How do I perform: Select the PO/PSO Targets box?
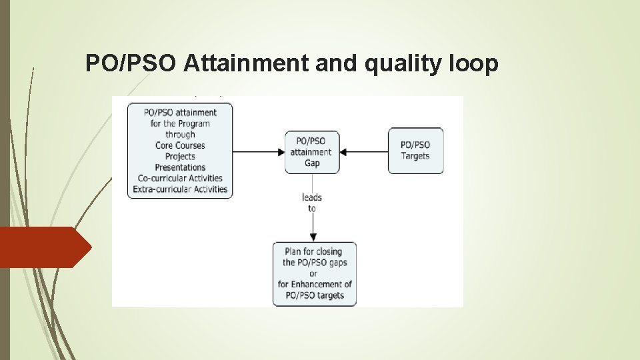click(415, 151)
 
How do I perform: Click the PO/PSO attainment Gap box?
click(312, 152)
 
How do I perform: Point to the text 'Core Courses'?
click(180, 145)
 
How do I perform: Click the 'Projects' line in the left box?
click(180, 156)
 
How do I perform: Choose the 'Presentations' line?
click(180, 167)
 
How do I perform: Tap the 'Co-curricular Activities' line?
click(180, 178)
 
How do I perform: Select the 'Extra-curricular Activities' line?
click(180, 189)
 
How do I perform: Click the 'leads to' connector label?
click(312, 203)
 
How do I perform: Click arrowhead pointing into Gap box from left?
click(281, 152)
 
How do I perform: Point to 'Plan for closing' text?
click(313, 251)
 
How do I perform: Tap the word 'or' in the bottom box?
click(313, 273)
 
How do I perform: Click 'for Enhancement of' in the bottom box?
click(315, 284)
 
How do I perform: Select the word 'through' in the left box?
click(180, 134)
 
